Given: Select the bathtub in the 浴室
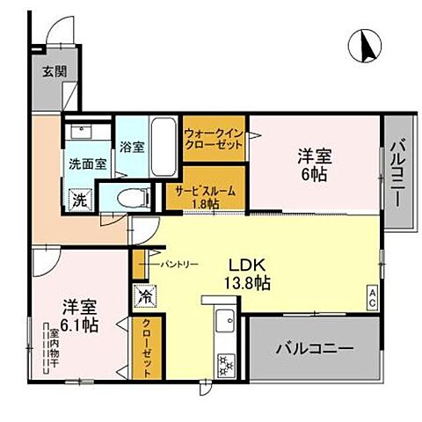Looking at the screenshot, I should pos(164,146).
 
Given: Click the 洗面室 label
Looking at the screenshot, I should pos(88,164).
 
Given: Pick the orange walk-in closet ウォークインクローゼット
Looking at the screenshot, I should pos(215,139).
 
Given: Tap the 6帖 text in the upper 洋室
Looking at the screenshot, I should pos(313,174).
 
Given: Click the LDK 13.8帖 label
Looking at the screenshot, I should pos(250,273).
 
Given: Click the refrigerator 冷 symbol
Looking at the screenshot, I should pos(142,297).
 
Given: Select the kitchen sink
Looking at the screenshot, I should pos(222,322).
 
